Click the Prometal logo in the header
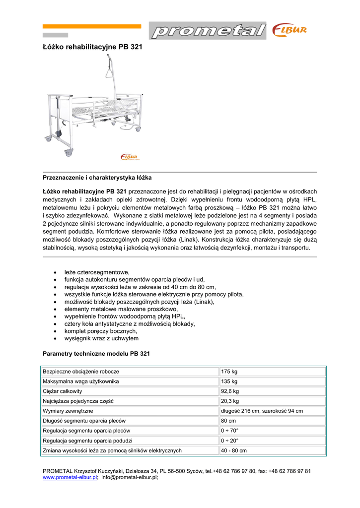(208, 31)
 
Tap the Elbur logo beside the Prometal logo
(289, 31)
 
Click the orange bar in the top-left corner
(91, 26)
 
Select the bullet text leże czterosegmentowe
(97, 272)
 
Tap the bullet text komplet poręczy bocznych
(100, 331)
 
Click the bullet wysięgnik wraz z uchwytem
(101, 338)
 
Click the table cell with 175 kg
(229, 372)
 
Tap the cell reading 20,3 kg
(231, 401)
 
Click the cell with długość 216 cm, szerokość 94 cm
(262, 411)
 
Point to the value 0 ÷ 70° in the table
(230, 431)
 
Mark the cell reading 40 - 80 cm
(234, 450)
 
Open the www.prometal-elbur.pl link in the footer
(70, 477)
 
